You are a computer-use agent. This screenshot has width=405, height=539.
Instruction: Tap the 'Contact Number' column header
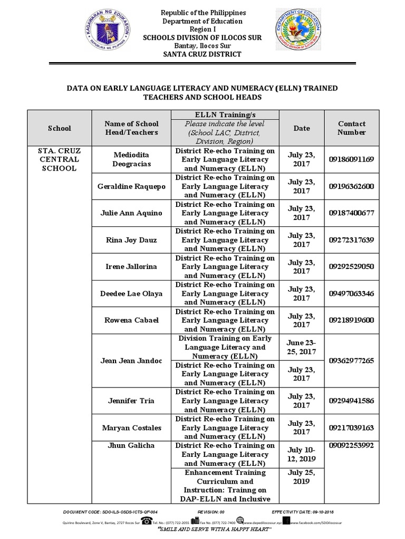pos(352,128)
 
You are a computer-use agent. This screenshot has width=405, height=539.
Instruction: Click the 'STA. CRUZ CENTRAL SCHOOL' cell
pos(59,159)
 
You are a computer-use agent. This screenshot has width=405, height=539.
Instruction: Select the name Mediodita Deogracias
pos(131,159)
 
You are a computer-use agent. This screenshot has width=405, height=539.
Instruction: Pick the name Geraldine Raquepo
pos(131,186)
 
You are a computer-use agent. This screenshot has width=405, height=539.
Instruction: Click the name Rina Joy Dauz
pos(131,240)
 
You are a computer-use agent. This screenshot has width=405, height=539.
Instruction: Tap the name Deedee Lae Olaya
pos(131,293)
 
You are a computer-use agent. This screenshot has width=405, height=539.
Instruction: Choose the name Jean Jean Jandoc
pos(131,361)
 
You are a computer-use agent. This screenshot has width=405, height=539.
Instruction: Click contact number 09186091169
pos(351,159)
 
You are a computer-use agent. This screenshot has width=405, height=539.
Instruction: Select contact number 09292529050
pos(351,266)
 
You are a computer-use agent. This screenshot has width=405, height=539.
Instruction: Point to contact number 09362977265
pos(351,361)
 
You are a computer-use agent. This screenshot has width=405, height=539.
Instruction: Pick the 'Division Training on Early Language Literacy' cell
pos(225,347)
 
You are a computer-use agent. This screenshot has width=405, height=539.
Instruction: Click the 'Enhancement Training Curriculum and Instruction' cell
pos(225,485)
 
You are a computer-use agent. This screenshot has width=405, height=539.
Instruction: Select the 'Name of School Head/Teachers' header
pos(131,128)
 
